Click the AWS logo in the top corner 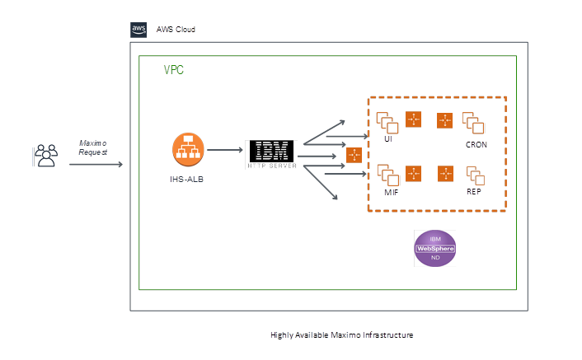[138, 29]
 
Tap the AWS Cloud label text [176, 30]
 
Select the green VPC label [173, 70]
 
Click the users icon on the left [46, 155]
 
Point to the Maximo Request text [92, 147]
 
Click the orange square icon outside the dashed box [354, 155]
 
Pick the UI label [387, 139]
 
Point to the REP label [474, 191]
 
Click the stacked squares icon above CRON [473, 123]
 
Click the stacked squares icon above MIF [387, 175]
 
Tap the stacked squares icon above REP [474, 175]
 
